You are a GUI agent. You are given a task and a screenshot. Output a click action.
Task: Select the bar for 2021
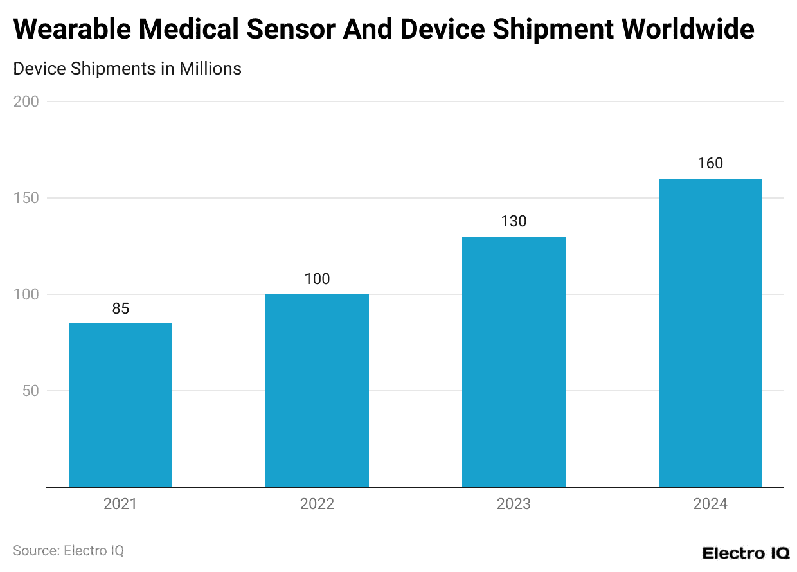120,405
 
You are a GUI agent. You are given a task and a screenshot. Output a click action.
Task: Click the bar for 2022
317,390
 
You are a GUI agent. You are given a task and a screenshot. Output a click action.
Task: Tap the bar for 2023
514,361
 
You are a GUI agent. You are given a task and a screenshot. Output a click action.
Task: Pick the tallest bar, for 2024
710,332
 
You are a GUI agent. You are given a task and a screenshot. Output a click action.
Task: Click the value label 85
120,308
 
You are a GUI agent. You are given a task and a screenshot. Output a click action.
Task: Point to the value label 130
514,221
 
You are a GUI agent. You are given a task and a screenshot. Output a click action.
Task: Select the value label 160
710,163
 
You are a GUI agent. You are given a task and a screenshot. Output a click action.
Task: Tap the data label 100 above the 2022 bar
317,279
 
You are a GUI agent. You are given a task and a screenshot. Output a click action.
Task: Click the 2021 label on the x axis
120,504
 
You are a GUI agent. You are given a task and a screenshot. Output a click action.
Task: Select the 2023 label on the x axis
514,504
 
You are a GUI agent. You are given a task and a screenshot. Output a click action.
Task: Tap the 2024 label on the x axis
710,504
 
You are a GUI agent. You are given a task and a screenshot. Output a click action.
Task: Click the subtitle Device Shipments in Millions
127,69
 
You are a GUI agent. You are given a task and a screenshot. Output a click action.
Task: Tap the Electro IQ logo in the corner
745,553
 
